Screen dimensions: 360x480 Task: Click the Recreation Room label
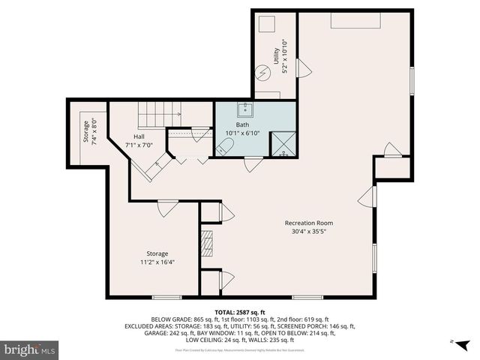308,223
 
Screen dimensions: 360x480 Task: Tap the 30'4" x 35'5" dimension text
308,232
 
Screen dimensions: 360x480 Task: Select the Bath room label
242,124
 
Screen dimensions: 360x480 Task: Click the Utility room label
276,55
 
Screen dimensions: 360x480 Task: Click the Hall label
139,136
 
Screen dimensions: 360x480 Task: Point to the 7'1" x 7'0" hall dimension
139,145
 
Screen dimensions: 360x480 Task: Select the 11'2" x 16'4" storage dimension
157,262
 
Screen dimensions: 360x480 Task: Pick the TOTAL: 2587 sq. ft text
240,311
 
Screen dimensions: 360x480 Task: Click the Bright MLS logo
30,349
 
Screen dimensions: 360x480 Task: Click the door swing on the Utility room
304,68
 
